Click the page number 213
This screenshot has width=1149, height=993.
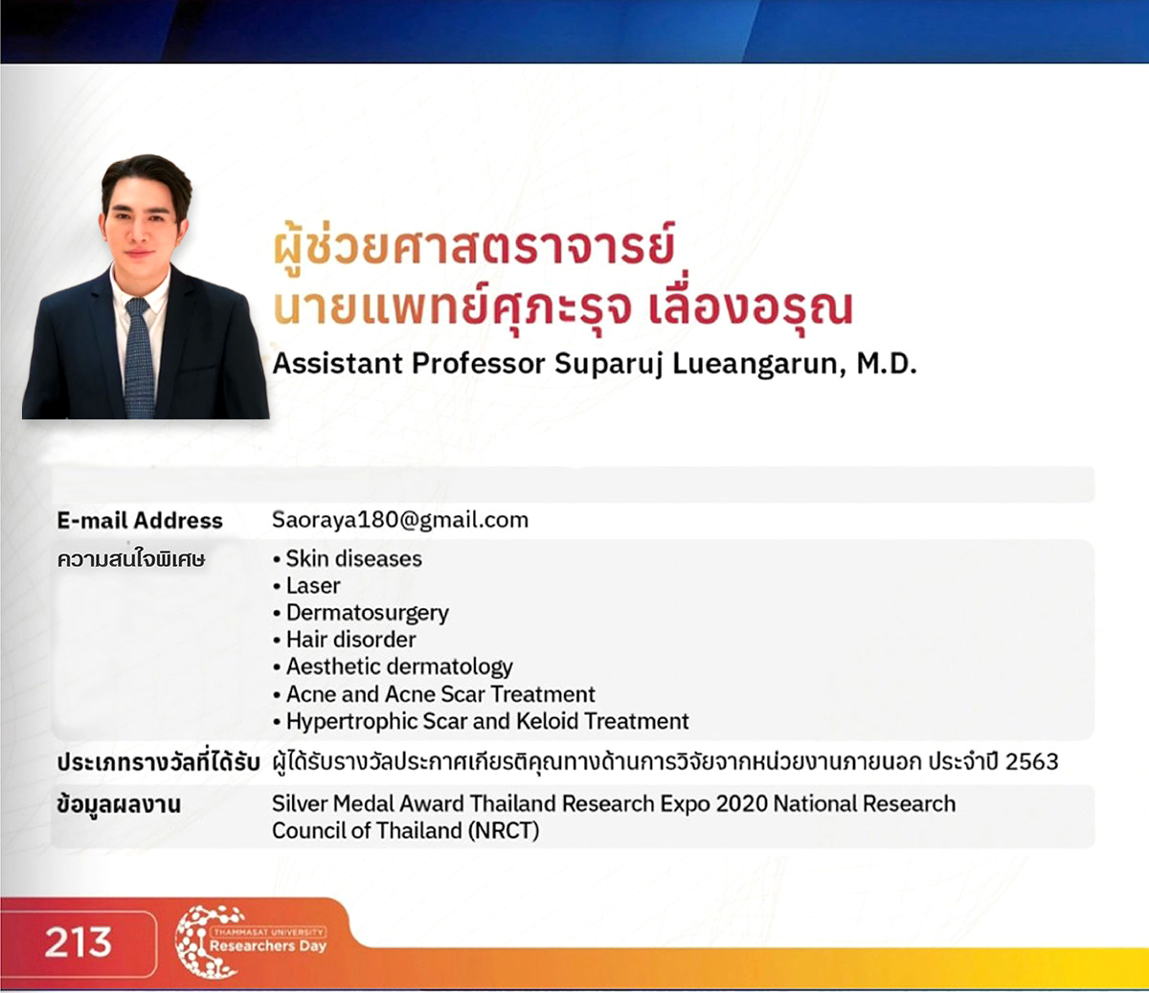(x=78, y=942)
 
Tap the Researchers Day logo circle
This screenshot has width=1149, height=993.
(x=207, y=942)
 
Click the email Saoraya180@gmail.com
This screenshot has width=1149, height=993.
(x=399, y=520)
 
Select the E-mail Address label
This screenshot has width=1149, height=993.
(x=139, y=521)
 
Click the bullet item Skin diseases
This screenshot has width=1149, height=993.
(x=353, y=558)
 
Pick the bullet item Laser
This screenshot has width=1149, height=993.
(x=313, y=585)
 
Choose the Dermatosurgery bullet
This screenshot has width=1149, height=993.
(x=367, y=613)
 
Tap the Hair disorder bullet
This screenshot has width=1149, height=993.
(x=350, y=640)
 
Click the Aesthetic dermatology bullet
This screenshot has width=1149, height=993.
(x=399, y=666)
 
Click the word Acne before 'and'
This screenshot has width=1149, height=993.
(x=310, y=694)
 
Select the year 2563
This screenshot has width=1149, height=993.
(x=1031, y=762)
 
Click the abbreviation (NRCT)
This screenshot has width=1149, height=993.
(x=504, y=830)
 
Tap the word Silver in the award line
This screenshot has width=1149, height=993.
(x=301, y=803)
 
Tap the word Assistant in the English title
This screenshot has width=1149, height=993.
(x=337, y=365)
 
